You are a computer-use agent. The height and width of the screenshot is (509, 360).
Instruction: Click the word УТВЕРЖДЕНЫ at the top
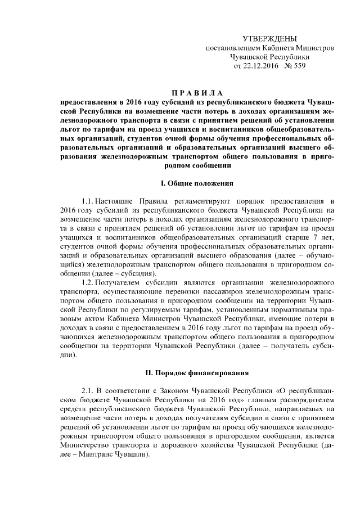point(269,38)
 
